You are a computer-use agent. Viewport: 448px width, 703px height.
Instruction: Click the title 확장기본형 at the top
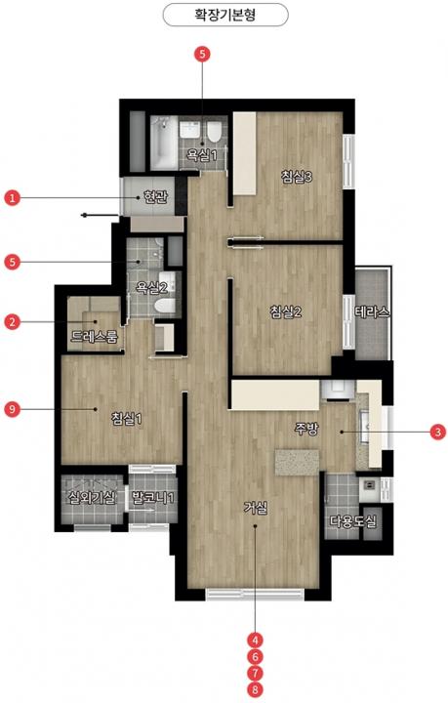(224, 16)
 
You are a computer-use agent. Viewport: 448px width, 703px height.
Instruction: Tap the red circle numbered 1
(12, 197)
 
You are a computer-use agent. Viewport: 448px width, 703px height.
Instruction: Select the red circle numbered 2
(12, 321)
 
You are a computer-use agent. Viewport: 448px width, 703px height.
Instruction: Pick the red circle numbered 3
(437, 433)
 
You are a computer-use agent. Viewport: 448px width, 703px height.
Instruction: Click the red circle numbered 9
(12, 409)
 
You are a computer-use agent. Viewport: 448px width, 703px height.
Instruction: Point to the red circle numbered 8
(256, 689)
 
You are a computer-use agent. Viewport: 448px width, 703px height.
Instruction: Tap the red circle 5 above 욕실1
(202, 55)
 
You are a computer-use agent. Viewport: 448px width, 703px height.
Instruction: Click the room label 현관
(155, 197)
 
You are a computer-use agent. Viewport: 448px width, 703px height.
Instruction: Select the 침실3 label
(297, 176)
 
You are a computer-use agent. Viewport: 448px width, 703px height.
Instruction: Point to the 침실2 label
(286, 311)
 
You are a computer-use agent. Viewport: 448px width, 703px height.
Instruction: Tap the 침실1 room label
(127, 419)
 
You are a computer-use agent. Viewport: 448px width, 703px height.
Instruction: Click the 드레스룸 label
(95, 336)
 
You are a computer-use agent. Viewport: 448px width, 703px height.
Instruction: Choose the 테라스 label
(372, 312)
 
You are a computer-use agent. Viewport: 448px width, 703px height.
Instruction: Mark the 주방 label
(306, 429)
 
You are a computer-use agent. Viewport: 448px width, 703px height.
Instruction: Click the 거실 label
(256, 508)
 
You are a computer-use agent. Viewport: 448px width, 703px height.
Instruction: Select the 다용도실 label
(353, 521)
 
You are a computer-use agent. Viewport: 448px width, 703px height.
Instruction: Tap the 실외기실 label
(92, 497)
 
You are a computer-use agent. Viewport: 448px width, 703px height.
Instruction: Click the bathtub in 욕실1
(164, 143)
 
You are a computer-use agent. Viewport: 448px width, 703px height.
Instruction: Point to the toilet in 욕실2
(164, 307)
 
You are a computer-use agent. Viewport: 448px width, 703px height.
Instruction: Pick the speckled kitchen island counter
(298, 462)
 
